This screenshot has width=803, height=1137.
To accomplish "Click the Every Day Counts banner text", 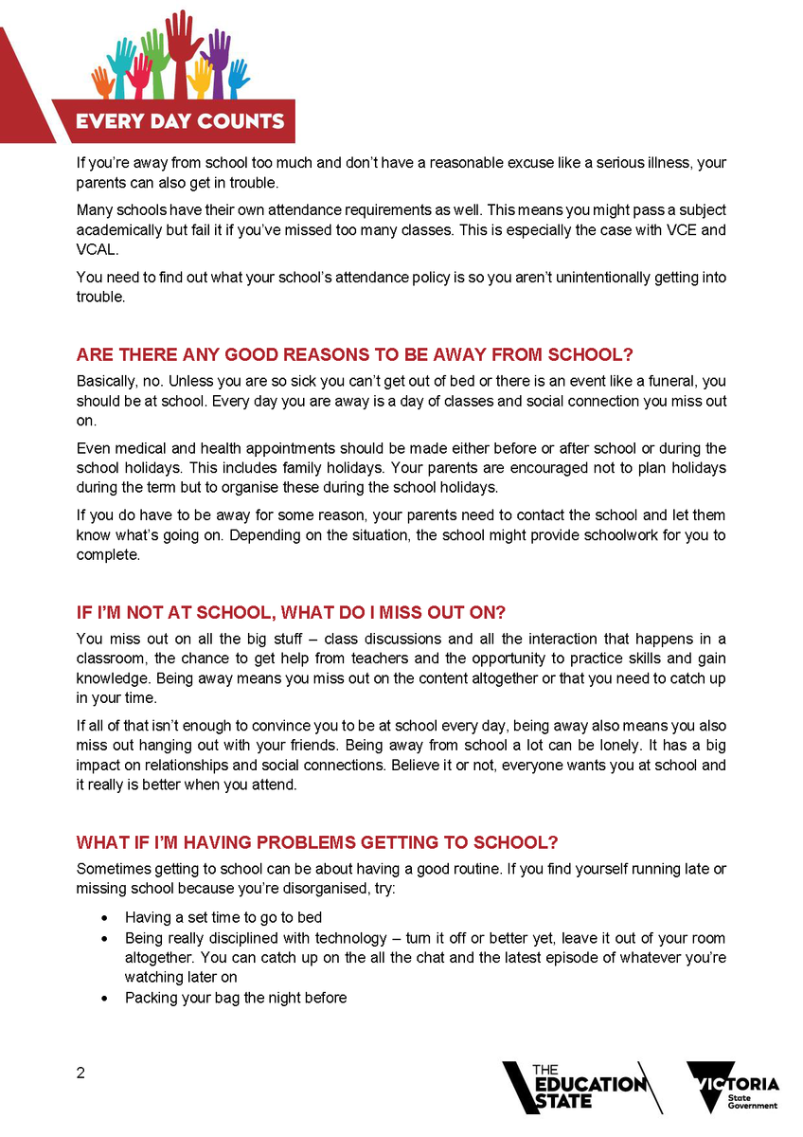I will tap(180, 120).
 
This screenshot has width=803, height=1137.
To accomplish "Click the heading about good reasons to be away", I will tap(354, 355).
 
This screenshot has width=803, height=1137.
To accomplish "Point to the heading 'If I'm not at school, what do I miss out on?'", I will tap(297, 613).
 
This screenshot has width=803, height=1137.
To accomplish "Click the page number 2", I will tap(80, 1074).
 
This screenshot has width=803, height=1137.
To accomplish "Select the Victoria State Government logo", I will tap(733, 1086).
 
